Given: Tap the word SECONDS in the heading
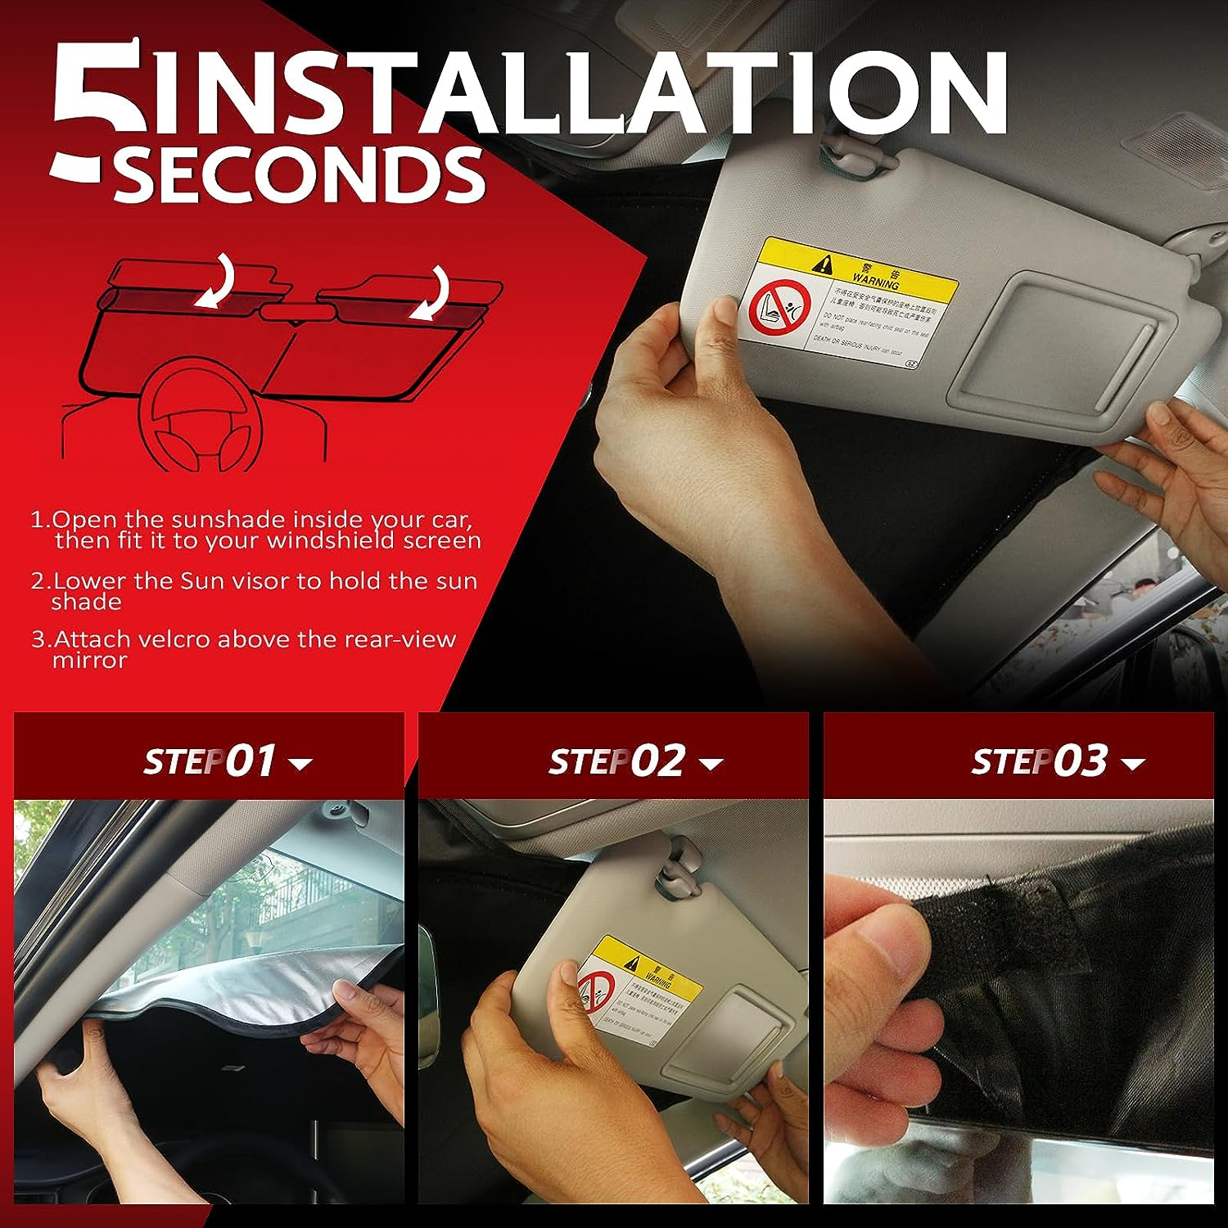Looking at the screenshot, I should click(299, 174).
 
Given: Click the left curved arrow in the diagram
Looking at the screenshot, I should click(214, 282).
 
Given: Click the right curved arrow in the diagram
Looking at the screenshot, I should click(431, 295).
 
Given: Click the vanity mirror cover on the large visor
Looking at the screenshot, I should click(1056, 352).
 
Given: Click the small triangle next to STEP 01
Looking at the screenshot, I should click(301, 765).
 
